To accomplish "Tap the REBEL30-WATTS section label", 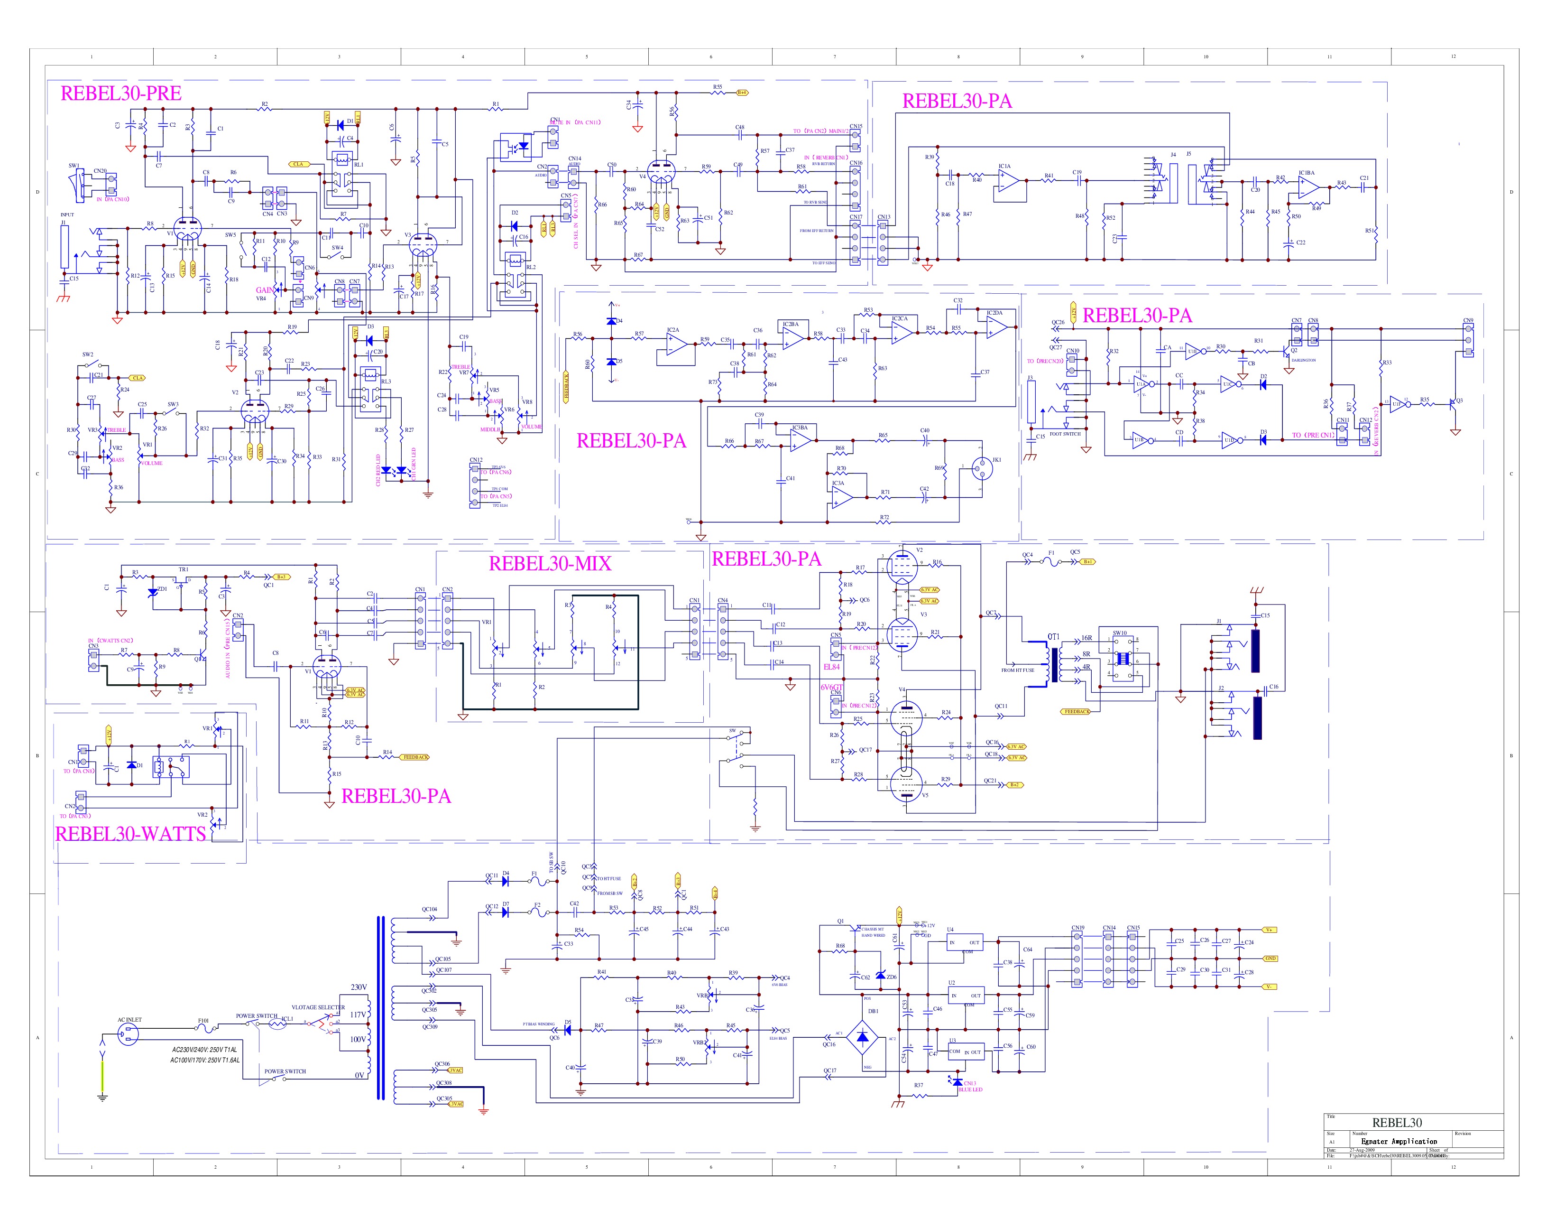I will (x=130, y=834).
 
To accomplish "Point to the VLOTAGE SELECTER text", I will (x=317, y=1007).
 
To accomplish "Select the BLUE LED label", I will (x=970, y=1089).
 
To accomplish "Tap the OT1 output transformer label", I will (x=1053, y=636).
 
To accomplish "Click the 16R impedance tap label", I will (x=1086, y=638).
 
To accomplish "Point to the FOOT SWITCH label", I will (x=1065, y=434).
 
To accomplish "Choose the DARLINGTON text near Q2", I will (x=1303, y=361).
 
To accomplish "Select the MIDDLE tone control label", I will (x=490, y=430).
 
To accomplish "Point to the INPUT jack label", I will (x=67, y=214).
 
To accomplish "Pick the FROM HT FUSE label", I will (x=1018, y=670).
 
